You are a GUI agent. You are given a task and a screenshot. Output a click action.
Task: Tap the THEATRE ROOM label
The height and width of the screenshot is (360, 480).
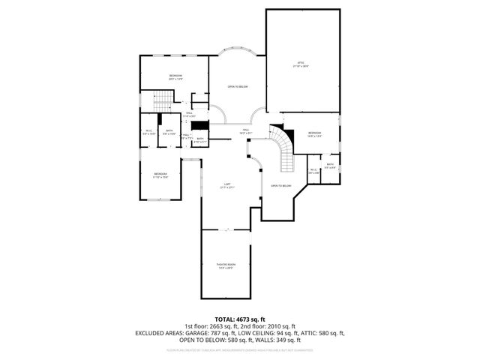[226, 266]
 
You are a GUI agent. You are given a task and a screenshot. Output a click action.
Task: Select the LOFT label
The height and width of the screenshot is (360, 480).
[226, 186]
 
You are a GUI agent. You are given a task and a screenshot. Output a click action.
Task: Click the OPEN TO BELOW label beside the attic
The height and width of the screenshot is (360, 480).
[238, 87]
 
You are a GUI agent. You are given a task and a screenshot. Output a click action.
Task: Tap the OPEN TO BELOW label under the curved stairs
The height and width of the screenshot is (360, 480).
[280, 185]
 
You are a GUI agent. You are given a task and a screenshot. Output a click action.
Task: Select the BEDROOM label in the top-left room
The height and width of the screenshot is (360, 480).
[175, 76]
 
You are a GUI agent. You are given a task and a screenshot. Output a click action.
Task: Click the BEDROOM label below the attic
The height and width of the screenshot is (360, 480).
[314, 132]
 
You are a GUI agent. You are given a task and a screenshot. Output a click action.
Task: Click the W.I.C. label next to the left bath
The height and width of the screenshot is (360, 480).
[148, 133]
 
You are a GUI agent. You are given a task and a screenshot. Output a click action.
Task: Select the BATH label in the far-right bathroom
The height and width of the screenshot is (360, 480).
[330, 166]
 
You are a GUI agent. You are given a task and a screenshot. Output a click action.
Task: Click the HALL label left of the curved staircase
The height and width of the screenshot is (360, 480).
[244, 130]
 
